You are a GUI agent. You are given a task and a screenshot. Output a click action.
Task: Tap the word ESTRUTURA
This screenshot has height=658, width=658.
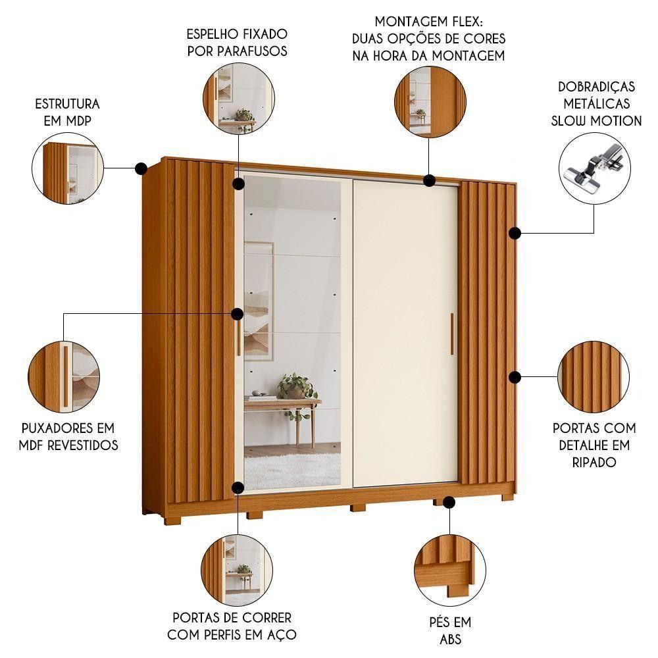[x=67, y=104]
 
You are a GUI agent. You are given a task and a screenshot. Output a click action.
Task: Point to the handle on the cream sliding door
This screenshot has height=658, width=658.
[x=452, y=336]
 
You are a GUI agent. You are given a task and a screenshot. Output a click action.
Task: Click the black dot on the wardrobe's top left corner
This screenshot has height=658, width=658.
[x=141, y=169]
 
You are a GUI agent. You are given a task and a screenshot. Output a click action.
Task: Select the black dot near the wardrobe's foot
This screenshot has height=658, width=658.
[x=449, y=503]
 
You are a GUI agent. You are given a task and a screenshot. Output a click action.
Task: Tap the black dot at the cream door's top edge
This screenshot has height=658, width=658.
[x=430, y=180]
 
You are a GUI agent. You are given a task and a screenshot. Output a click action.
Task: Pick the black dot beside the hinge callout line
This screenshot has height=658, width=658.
[x=515, y=233]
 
